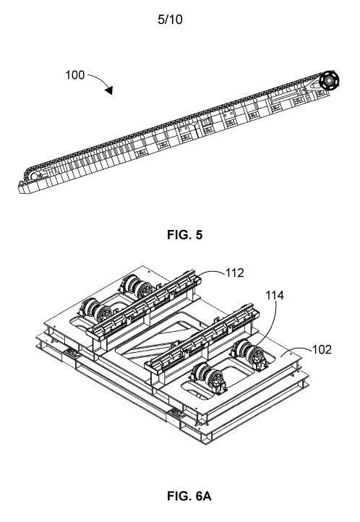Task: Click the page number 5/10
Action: pos(170,20)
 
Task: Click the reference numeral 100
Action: pos(75,75)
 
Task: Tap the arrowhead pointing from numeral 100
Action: pos(109,90)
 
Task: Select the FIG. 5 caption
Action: pos(184,235)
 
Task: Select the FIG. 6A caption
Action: pos(189,496)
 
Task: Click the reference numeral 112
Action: pos(235,273)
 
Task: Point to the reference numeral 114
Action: pos(275,295)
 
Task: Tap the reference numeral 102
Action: pos(322,349)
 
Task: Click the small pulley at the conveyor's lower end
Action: pos(33,176)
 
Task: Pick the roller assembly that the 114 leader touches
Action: pos(249,355)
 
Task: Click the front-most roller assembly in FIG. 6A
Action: pos(209,379)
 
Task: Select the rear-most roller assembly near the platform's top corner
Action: pos(137,286)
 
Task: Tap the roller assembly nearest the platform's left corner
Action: pos(96,310)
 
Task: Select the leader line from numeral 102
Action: pos(296,351)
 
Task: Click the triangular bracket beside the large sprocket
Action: pos(312,84)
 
